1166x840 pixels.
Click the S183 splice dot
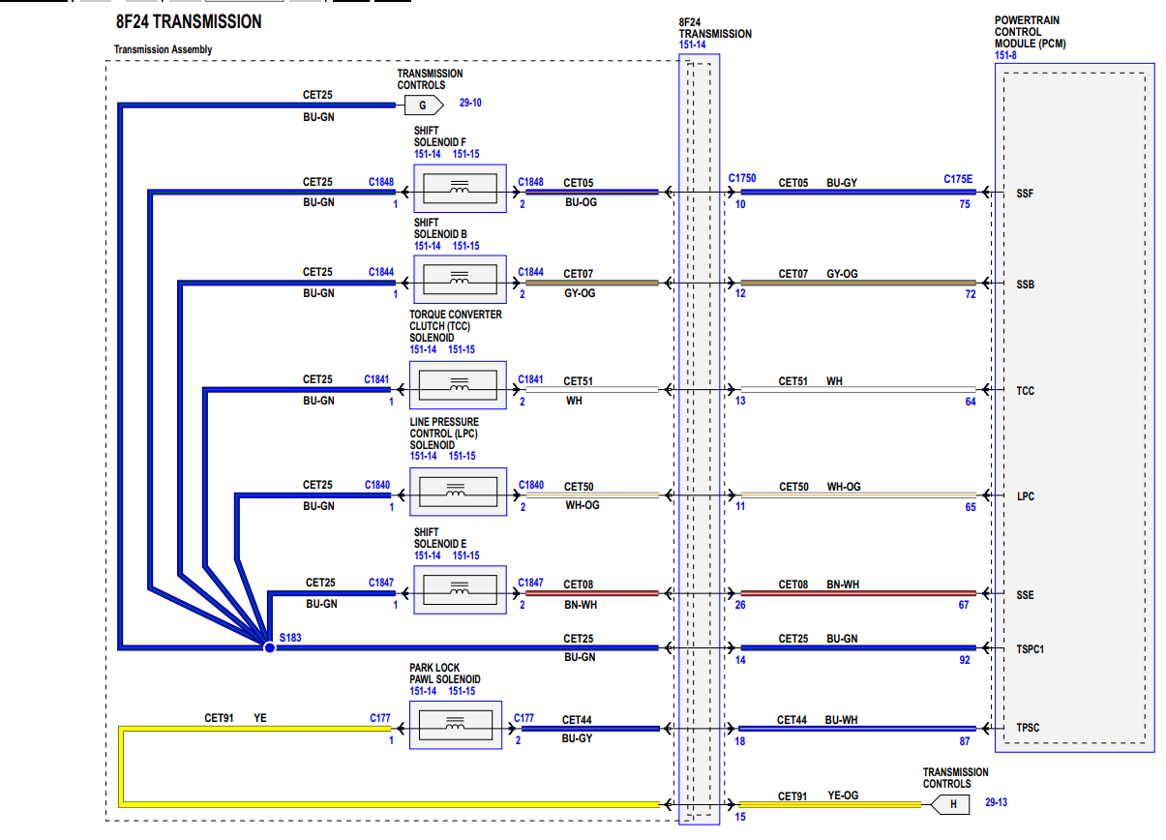[x=269, y=646]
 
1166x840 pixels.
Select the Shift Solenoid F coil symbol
[x=459, y=188]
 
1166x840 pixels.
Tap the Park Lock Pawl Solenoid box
[x=456, y=725]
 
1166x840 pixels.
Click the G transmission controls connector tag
[x=423, y=105]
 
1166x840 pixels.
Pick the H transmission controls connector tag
[x=952, y=803]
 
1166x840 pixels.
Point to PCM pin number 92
[x=964, y=661]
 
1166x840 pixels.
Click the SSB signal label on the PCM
[x=1025, y=285]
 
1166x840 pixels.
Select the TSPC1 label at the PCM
[x=1030, y=649]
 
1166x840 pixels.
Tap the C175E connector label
[x=958, y=179]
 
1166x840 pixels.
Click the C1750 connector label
[x=742, y=179]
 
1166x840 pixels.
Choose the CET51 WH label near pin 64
[x=810, y=381]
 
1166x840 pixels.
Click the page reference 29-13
[x=997, y=802]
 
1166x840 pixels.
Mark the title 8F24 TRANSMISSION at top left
[x=188, y=21]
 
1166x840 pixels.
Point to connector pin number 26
[x=739, y=606]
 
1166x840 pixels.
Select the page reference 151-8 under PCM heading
[x=1005, y=55]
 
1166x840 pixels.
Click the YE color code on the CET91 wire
[x=259, y=718]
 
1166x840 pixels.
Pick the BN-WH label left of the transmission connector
[x=581, y=605]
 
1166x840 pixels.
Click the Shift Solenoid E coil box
[x=459, y=588]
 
